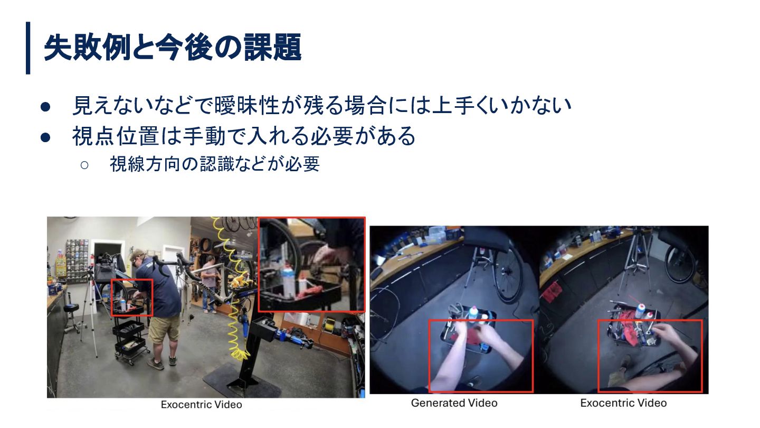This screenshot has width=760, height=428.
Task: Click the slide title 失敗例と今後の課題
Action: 173,48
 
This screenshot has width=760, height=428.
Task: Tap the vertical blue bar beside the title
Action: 28,48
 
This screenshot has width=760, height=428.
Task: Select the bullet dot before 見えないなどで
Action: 45,107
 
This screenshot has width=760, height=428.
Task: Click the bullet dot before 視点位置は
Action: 45,137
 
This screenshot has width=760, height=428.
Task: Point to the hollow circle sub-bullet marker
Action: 84,165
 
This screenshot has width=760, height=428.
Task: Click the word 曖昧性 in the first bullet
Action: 247,106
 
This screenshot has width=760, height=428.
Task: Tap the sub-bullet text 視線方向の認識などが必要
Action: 214,164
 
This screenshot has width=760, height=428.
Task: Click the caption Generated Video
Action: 454,403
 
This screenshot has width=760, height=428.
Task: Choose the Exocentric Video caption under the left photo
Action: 201,405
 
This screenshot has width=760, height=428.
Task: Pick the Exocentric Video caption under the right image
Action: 623,403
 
